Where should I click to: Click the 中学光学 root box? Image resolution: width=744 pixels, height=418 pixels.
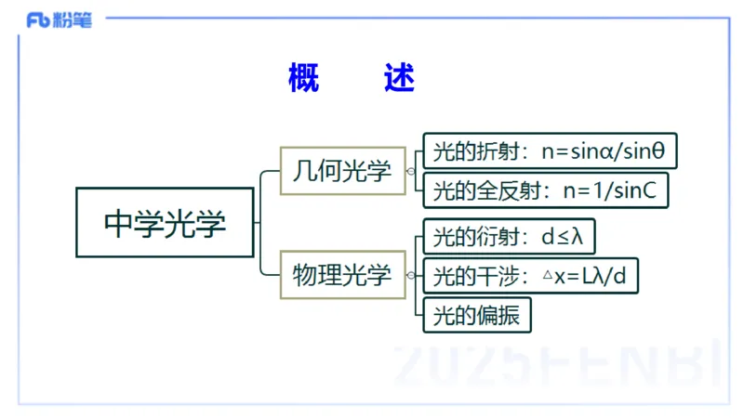pyautogui.click(x=165, y=223)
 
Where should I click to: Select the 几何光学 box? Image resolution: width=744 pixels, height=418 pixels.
pyautogui.click(x=343, y=171)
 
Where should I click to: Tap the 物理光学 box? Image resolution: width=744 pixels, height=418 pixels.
pyautogui.click(x=343, y=275)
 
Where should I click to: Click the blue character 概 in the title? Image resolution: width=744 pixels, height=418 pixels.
pyautogui.click(x=304, y=79)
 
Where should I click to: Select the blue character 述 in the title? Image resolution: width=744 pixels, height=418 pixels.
pyautogui.click(x=399, y=79)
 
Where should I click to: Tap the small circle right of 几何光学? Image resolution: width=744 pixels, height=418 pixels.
pyautogui.click(x=410, y=171)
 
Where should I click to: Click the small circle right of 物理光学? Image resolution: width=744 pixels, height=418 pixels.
pyautogui.click(x=410, y=275)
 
